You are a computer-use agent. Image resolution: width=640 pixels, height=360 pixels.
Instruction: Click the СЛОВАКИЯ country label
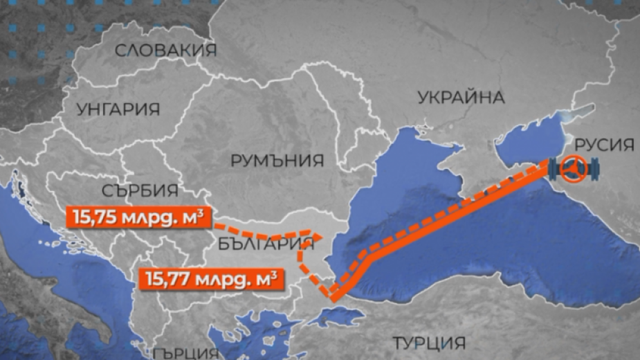(x=165, y=51)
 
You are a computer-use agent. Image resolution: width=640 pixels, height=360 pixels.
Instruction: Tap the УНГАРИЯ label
(x=118, y=109)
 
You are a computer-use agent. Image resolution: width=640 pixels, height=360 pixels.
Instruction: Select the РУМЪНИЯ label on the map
(x=277, y=161)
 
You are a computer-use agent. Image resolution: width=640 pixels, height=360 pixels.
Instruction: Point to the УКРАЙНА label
(x=461, y=98)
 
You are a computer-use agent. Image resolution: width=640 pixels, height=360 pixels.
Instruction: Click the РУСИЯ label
(x=604, y=145)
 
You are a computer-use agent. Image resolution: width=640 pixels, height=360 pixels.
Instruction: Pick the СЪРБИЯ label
(x=139, y=190)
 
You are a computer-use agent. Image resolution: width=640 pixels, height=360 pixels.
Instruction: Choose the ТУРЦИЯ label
(x=428, y=343)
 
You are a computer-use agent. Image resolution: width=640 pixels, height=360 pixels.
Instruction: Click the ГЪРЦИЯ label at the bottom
(x=183, y=352)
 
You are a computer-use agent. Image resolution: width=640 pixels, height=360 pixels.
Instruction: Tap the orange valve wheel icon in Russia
(x=574, y=170)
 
